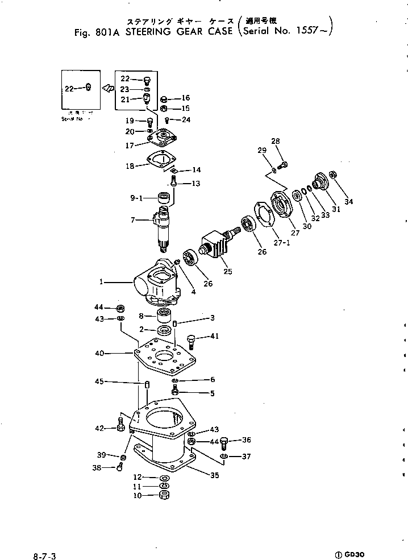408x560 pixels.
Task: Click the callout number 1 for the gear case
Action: [101, 281]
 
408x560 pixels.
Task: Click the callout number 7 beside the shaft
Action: [134, 219]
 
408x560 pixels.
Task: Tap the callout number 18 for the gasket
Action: [130, 166]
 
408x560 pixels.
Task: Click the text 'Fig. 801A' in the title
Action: [97, 32]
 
